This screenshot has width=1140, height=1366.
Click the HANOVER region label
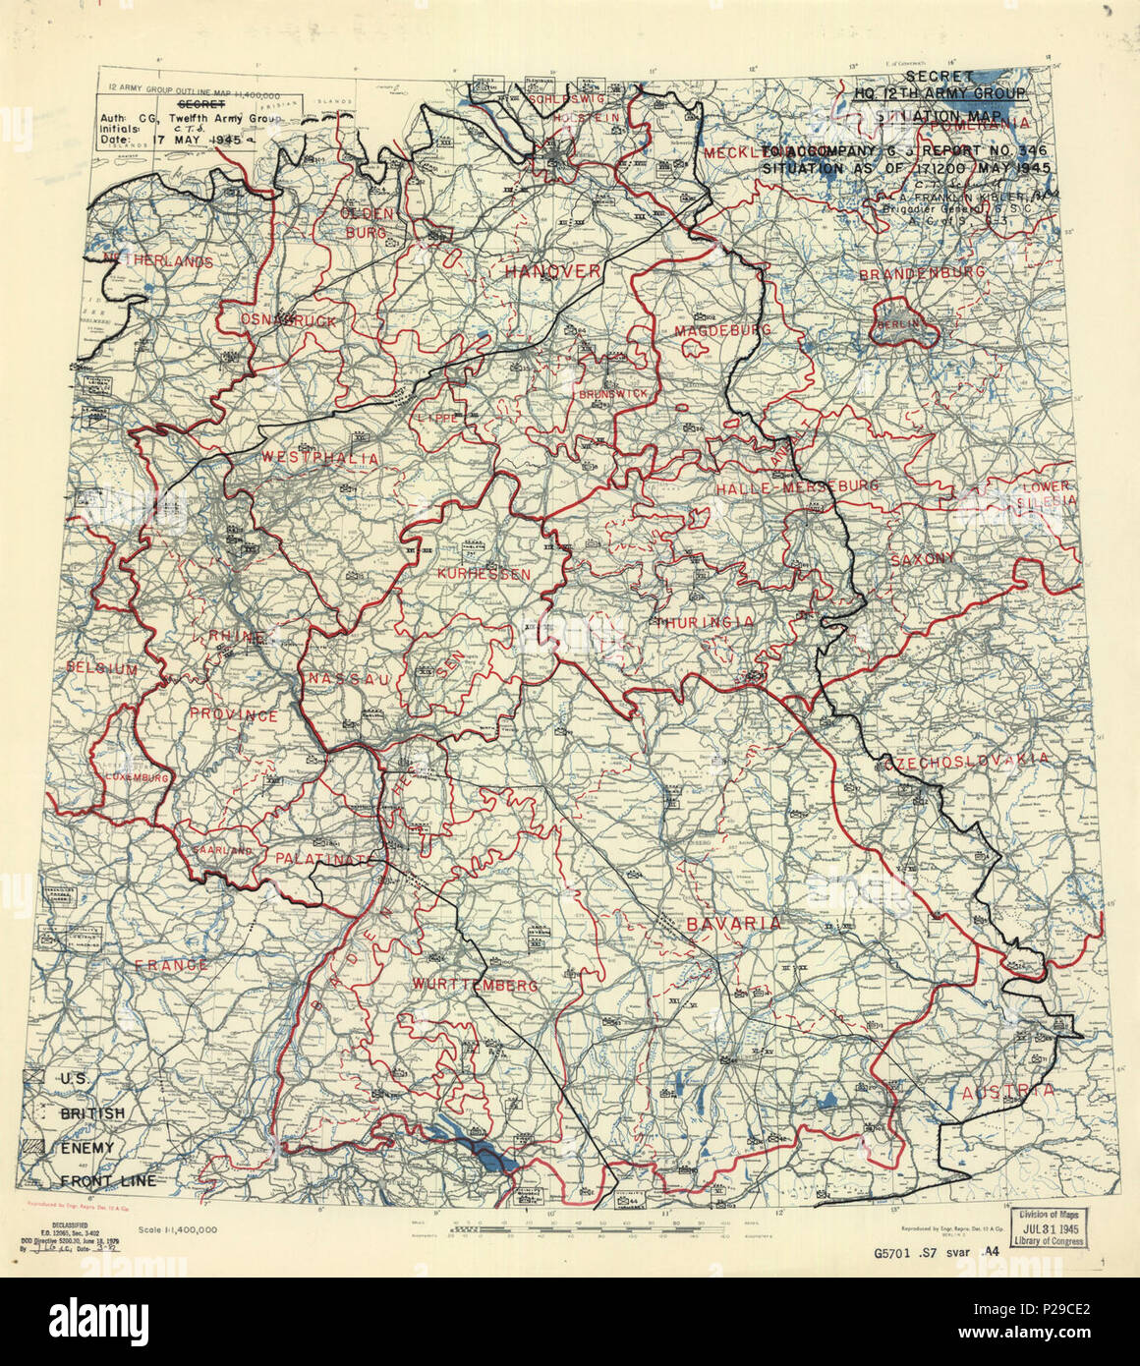coord(551,270)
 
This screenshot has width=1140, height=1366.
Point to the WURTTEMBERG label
coord(475,985)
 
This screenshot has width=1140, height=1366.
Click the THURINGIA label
coord(705,622)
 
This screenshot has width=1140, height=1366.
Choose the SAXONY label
coord(922,558)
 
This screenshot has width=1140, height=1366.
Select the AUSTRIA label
coord(1008,1092)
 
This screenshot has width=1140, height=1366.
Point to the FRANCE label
coord(172,965)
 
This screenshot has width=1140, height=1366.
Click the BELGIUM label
coord(102,668)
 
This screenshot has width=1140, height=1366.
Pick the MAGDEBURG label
coord(722,331)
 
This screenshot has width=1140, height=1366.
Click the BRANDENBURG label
coord(921,273)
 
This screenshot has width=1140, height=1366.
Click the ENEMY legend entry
coord(87,1148)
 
